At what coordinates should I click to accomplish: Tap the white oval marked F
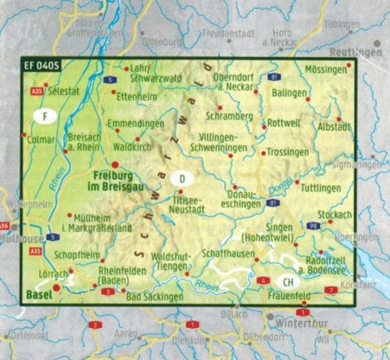(47, 116)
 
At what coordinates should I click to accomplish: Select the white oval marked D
(181, 178)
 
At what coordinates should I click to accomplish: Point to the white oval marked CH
(288, 282)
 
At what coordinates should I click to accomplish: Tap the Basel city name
(37, 294)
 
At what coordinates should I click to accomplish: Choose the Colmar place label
(38, 141)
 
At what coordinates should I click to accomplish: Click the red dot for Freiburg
(115, 164)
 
